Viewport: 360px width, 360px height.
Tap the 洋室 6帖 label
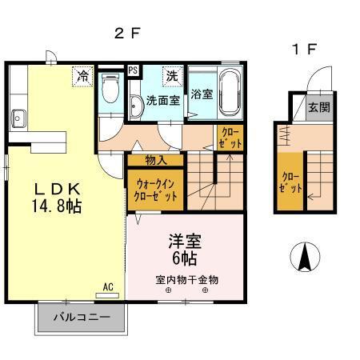pyautogui.click(x=184, y=249)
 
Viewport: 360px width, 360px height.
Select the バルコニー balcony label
pyautogui.click(x=80, y=317)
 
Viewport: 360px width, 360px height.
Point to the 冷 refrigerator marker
pyautogui.click(x=82, y=76)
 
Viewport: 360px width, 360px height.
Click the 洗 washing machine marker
pyautogui.click(x=172, y=76)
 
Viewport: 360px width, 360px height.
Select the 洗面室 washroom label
pyautogui.click(x=163, y=102)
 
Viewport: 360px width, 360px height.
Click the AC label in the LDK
pyautogui.click(x=106, y=286)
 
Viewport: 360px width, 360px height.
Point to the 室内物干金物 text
pyautogui.click(x=186, y=279)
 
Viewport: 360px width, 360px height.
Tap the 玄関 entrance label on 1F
pyautogui.click(x=318, y=107)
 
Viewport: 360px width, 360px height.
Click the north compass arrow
pyautogui.click(x=306, y=257)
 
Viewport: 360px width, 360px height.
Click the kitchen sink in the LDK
pyautogui.click(x=19, y=121)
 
